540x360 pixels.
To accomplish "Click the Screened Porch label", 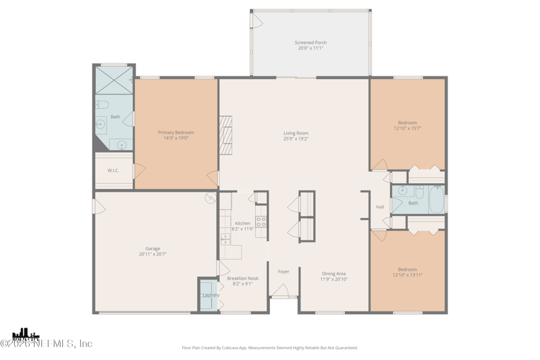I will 310,43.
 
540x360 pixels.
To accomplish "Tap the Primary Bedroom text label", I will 175,132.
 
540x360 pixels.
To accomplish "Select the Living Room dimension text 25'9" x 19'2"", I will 296,139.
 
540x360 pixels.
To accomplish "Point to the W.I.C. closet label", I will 113,170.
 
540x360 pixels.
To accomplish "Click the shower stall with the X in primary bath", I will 114,80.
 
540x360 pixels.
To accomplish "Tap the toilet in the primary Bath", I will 101,104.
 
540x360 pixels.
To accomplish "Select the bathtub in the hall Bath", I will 437,199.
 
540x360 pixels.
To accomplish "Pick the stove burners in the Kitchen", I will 261,222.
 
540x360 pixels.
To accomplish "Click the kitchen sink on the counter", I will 225,237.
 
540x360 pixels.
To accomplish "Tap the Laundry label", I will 211,295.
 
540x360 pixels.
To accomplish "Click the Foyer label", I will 283,272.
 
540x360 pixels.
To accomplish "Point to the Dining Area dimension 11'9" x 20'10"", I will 334,279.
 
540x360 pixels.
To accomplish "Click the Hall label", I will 380,207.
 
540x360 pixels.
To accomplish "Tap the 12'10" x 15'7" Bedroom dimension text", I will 407,128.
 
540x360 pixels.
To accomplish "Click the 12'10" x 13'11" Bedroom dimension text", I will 407,274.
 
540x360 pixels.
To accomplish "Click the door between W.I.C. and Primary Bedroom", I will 138,171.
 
